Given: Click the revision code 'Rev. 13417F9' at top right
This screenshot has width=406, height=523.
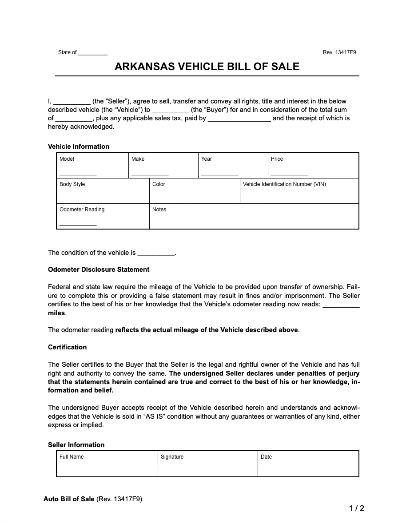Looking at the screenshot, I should click(339, 52).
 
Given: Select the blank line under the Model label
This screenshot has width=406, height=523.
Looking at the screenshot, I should click(78, 174).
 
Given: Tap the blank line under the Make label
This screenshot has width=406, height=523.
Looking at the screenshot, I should click(150, 174).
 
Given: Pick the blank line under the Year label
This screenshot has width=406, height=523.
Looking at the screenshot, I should click(219, 174).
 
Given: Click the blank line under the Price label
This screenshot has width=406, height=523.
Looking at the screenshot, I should click(289, 174).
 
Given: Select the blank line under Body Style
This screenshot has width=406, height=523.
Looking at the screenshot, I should click(78, 200).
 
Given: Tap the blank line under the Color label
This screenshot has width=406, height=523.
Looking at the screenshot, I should click(171, 200).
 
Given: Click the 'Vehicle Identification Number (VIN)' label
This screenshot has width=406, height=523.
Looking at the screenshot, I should click(284, 184).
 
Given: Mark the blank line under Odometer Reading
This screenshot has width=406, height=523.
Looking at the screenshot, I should click(78, 225).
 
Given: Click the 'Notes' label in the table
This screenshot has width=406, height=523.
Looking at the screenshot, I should click(159, 210).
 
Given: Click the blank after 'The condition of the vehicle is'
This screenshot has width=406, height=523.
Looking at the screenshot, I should click(156, 254).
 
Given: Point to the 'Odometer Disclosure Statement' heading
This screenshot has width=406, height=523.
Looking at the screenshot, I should click(99, 269).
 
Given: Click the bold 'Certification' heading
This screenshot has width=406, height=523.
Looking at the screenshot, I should click(67, 347).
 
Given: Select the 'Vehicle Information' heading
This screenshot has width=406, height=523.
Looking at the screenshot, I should click(78, 147).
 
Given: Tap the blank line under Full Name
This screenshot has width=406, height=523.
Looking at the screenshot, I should click(78, 472).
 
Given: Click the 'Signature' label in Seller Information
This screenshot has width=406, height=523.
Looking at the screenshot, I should click(172, 457).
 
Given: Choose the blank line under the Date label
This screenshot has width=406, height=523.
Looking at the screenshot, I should click(279, 472).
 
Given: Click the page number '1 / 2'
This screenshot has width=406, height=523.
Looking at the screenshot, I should click(356, 508).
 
